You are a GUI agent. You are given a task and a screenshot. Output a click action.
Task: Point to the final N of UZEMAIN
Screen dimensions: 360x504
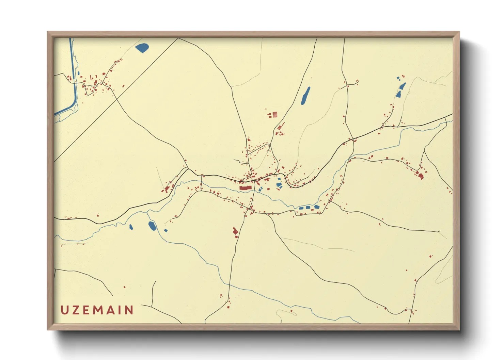pos(129,310)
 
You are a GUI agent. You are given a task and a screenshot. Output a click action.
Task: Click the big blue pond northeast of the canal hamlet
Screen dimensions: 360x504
pos(142,48)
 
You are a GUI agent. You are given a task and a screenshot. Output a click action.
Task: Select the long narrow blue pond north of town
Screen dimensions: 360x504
pos(305,96)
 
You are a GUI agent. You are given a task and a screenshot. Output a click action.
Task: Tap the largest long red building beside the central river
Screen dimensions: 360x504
pos(246,187)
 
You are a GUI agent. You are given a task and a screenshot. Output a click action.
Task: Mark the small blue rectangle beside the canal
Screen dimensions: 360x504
pos(79,73)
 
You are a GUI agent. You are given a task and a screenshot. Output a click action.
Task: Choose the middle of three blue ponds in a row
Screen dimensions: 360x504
pos(308,207)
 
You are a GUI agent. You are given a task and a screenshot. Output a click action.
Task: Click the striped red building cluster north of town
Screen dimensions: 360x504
pos(273,115)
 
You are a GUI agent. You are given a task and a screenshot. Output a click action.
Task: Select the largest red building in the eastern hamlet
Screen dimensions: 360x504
pos(421,176)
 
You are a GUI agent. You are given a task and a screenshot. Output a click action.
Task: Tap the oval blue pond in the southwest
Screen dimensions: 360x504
pos(152,225)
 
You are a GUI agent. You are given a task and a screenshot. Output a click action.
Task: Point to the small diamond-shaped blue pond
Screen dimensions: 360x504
pos(166,230)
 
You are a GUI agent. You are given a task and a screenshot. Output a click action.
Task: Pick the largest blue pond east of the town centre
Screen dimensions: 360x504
pos(279,185)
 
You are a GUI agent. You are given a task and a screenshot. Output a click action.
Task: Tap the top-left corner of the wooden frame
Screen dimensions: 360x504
pos(48,32)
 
